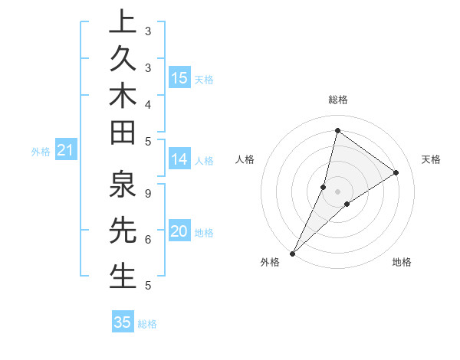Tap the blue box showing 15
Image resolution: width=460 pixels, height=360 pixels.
[179, 78]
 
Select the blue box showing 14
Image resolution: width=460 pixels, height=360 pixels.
[179, 159]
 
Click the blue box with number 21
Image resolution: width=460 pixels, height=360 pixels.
[65, 151]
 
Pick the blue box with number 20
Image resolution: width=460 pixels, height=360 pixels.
[179, 232]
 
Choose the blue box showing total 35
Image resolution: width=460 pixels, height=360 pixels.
[123, 322]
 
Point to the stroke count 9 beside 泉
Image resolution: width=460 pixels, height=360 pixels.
[147, 193]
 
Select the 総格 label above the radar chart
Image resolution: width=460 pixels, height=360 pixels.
[337, 100]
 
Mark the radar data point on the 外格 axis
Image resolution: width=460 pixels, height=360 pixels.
[292, 253]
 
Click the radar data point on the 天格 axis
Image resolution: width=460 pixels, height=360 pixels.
[396, 172]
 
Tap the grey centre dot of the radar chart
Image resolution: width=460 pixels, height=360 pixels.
[337, 191]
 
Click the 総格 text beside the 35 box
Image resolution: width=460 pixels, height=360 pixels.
[147, 324]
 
